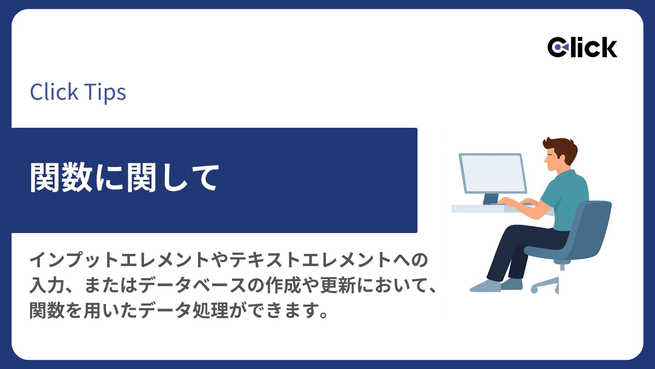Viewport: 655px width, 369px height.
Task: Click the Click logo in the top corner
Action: pyautogui.click(x=582, y=47)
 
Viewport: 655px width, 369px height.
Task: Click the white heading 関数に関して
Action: pyautogui.click(x=124, y=178)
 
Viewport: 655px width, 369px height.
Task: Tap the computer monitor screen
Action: pyautogui.click(x=493, y=173)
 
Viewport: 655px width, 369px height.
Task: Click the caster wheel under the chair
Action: pyautogui.click(x=534, y=290)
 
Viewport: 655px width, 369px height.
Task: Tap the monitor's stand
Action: pyautogui.click(x=490, y=199)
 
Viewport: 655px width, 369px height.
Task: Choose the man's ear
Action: pyautogui.click(x=561, y=157)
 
